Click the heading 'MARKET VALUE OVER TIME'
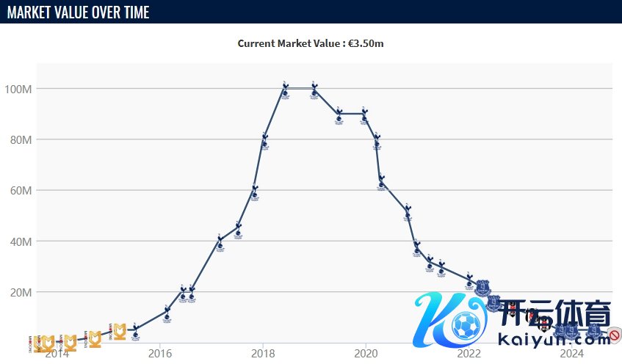coord(79,12)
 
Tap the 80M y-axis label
coord(22,139)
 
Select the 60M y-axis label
coord(22,191)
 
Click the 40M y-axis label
coord(22,241)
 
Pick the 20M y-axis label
coord(22,292)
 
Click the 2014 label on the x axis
coord(57,353)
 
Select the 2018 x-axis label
coord(263,353)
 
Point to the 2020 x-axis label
coord(366,353)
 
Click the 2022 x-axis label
coord(469,353)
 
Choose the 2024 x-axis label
coord(571,353)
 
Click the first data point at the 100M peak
coord(285,89)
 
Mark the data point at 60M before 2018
coord(254,191)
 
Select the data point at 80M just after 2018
coord(264,139)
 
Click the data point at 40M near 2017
coord(220,241)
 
